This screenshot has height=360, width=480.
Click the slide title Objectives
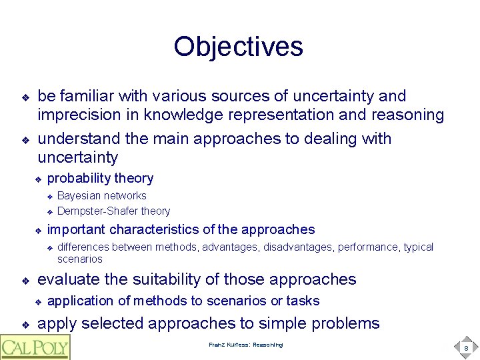click(x=238, y=47)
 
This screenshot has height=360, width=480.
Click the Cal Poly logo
click(x=35, y=347)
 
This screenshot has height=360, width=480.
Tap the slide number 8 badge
click(x=466, y=347)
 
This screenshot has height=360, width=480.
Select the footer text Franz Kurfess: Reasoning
click(x=245, y=345)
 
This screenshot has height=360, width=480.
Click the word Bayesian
click(x=79, y=195)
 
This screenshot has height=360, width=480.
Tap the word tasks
click(x=303, y=301)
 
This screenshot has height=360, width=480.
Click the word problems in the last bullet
click(x=341, y=324)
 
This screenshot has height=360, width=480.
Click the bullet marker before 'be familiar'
click(x=25, y=97)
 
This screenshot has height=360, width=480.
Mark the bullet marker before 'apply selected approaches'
click(x=25, y=325)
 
